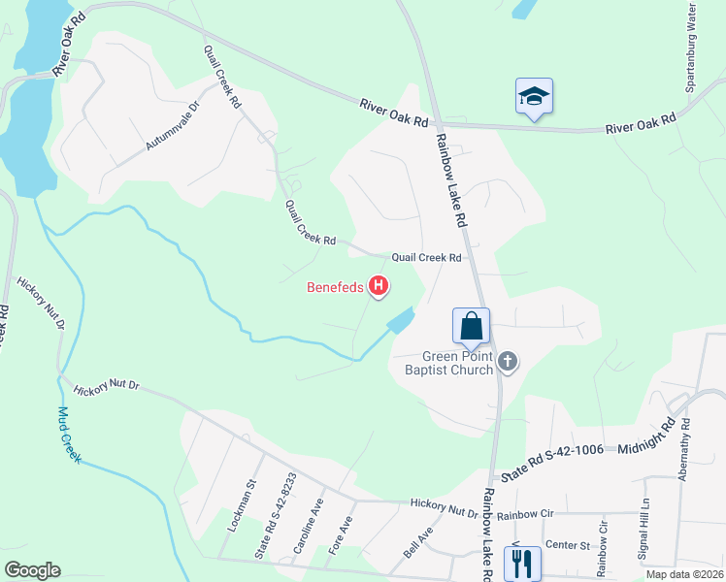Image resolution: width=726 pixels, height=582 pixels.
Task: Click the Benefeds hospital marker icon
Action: [x=380, y=286]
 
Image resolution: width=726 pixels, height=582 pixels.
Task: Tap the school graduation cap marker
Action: [x=534, y=96]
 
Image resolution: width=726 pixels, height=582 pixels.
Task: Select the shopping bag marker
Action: [x=471, y=326]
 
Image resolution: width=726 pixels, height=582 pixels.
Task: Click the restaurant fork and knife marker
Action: [x=522, y=563]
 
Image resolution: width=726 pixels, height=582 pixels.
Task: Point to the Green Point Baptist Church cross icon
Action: [x=507, y=363]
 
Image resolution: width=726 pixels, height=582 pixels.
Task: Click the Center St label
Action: [x=569, y=545]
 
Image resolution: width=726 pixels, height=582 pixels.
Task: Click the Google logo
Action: [x=32, y=570]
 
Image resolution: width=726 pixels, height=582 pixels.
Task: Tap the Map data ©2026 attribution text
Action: [x=684, y=574]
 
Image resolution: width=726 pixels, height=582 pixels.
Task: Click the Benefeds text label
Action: [x=335, y=287]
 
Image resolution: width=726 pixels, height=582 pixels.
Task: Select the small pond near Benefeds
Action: [x=400, y=319]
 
